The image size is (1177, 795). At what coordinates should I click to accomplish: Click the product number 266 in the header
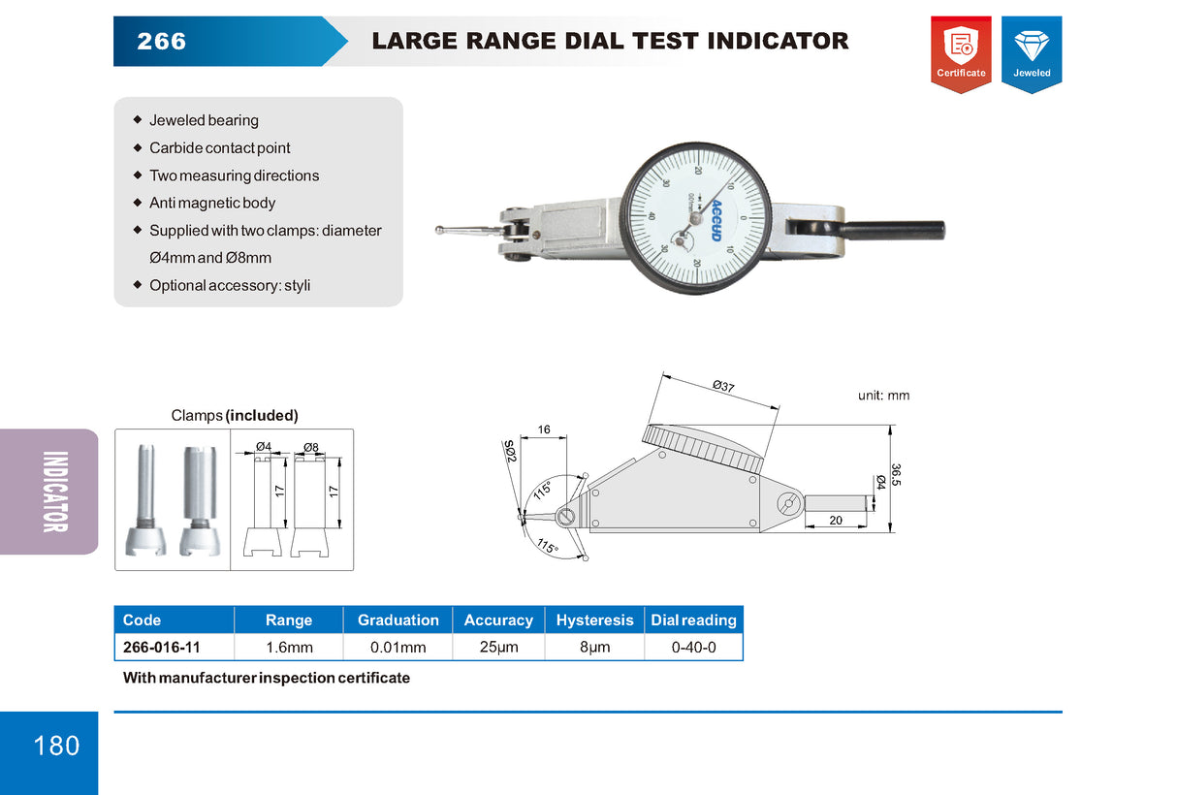point(162,42)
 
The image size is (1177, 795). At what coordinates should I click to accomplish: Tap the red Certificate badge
point(961,53)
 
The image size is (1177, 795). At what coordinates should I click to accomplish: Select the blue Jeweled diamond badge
point(1032,53)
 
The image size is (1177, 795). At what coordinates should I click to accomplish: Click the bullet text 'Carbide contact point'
point(219,148)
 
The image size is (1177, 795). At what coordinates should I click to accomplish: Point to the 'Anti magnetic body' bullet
point(212,204)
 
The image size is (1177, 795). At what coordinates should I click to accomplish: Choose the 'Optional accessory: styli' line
point(230,286)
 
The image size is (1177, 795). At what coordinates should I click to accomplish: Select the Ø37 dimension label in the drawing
point(723,386)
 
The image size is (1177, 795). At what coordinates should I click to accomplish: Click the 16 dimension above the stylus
point(544,429)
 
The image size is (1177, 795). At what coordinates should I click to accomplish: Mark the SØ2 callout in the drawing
point(510,451)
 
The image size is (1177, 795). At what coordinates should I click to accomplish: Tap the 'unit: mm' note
point(883,396)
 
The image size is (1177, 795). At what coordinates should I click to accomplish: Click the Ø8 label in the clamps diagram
point(310,447)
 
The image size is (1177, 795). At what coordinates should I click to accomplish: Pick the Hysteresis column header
point(594,620)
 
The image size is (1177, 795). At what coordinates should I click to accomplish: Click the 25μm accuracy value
point(498,647)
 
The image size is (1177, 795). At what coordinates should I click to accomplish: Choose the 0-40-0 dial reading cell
point(693,647)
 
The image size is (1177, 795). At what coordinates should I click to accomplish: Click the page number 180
point(56,746)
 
